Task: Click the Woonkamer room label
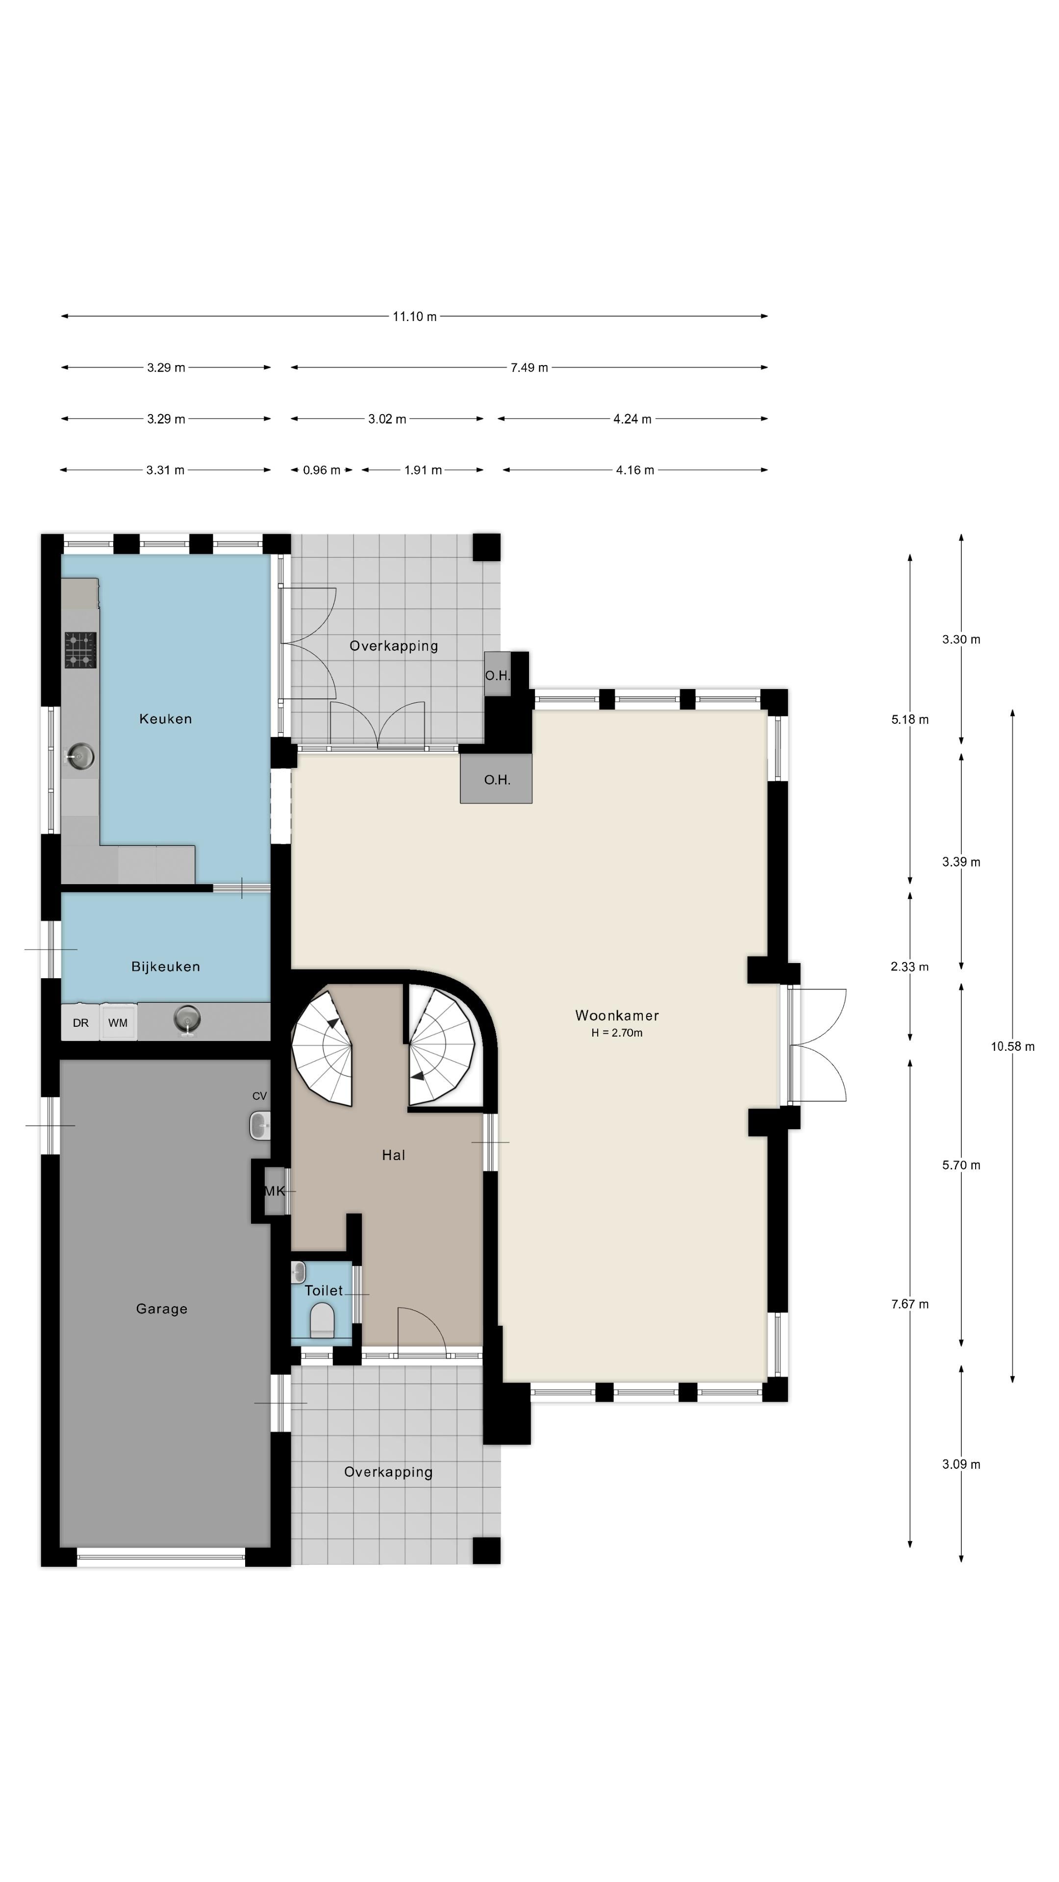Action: tap(617, 1015)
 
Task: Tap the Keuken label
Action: tap(166, 719)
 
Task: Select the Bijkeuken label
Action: tap(166, 966)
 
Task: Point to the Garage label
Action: tap(161, 1309)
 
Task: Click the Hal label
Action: tap(393, 1155)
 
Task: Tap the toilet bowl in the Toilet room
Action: tap(322, 1321)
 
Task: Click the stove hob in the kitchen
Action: tap(80, 650)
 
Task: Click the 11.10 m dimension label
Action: tap(414, 316)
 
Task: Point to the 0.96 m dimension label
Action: tap(322, 470)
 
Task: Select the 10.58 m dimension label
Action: tap(1012, 1046)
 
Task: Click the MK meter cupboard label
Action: tap(275, 1191)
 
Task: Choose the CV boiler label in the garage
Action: tap(259, 1096)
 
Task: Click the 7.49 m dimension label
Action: tap(529, 368)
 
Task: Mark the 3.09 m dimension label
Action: tap(961, 1464)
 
